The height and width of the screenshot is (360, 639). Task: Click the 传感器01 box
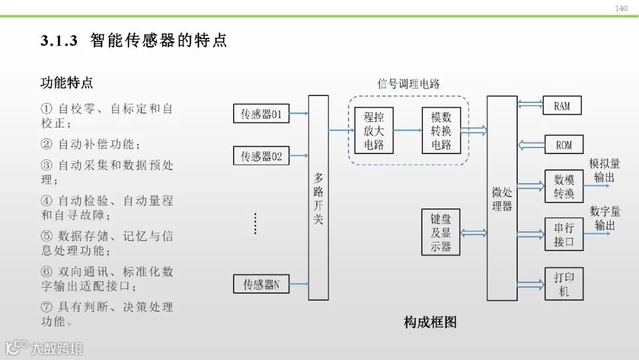262,114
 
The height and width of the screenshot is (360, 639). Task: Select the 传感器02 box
262,156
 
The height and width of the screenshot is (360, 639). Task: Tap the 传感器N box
262,284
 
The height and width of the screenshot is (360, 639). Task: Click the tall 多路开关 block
318,198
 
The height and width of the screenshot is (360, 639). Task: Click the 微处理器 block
502,198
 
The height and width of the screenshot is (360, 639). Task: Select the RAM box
562,106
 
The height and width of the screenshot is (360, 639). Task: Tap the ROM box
563,144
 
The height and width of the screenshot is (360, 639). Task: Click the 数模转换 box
564,186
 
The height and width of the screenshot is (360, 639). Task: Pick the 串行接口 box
564,234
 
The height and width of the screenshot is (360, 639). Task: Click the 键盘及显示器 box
441,232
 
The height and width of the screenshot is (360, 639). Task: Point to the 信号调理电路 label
409,84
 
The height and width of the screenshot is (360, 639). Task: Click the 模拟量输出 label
604,171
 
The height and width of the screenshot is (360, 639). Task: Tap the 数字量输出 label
605,218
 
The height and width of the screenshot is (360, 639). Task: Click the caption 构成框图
430,322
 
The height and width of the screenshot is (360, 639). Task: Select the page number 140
621,8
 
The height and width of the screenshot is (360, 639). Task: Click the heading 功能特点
67,83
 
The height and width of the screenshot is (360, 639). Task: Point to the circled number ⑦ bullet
47,307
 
